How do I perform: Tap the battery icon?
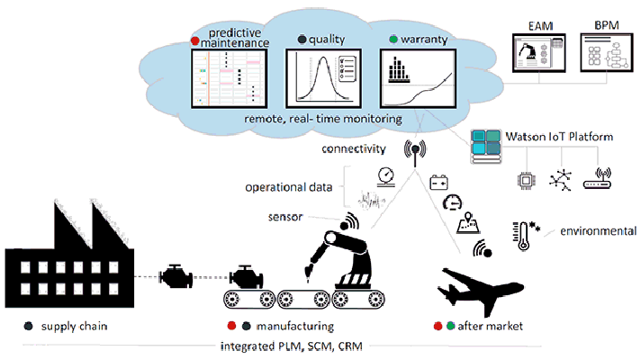[439, 181]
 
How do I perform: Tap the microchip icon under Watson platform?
[524, 177]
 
